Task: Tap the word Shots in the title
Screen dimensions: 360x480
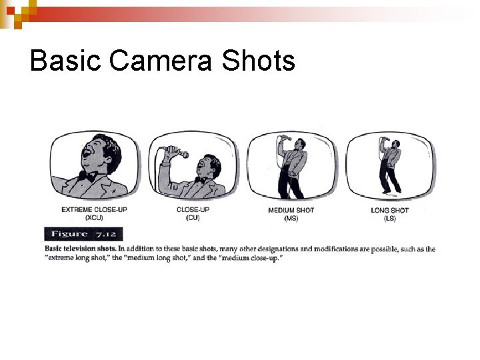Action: (x=259, y=61)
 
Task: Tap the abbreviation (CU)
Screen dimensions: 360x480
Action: (x=193, y=218)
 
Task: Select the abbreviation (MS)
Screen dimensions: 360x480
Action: (x=291, y=218)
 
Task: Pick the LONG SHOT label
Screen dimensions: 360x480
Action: (x=390, y=210)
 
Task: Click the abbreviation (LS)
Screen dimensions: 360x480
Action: (x=390, y=218)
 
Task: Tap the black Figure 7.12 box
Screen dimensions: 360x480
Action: (x=73, y=234)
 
